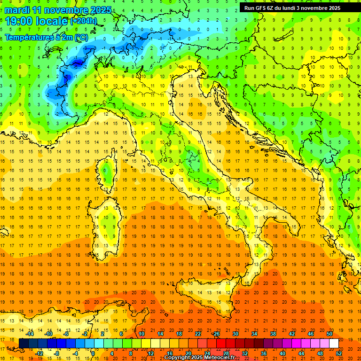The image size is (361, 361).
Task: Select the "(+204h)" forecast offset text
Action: (84, 21)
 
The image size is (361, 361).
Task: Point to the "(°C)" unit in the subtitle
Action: (81, 37)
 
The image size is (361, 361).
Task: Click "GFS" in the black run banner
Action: (264, 8)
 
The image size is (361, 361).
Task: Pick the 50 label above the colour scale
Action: (329, 333)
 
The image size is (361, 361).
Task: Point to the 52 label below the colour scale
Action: (339, 353)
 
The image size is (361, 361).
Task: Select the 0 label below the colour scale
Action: (93, 353)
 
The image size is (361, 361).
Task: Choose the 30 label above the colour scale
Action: (235, 333)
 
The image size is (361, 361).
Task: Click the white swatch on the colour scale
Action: (334, 343)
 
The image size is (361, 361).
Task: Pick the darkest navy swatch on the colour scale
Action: (24, 343)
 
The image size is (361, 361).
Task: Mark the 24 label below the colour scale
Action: (207, 353)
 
